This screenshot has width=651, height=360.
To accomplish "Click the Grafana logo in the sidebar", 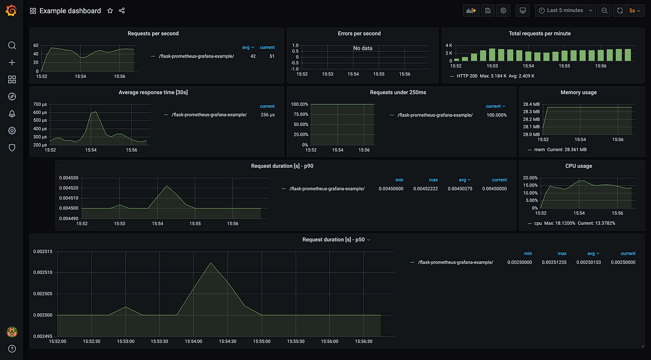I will coord(12,11).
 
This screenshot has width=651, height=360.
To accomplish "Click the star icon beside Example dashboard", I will coord(110,11).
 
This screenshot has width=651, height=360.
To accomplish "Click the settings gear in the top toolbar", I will coord(504,11).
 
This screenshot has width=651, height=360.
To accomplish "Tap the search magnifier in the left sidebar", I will coord(12,45).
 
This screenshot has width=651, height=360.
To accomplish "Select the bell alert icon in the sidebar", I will coord(12,113).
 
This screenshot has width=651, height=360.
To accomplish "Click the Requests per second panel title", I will coord(153,34).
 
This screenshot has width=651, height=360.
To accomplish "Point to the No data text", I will coord(363,48).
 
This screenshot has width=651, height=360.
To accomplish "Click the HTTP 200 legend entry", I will coord(467,76).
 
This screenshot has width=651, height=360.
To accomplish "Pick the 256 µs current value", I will coord(268,115).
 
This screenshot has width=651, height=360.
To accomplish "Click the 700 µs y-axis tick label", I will coord(40,104).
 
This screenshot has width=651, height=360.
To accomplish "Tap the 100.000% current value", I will coord(496,115).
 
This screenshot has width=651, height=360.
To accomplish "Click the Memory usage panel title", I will coord(578,93).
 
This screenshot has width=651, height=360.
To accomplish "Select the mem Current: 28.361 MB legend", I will coord(560,150).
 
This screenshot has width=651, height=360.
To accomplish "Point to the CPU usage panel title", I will coord(578,166).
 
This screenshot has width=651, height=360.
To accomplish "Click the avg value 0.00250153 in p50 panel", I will coord(588,262).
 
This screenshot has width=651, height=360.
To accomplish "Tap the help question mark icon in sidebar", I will coord(12,349).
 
